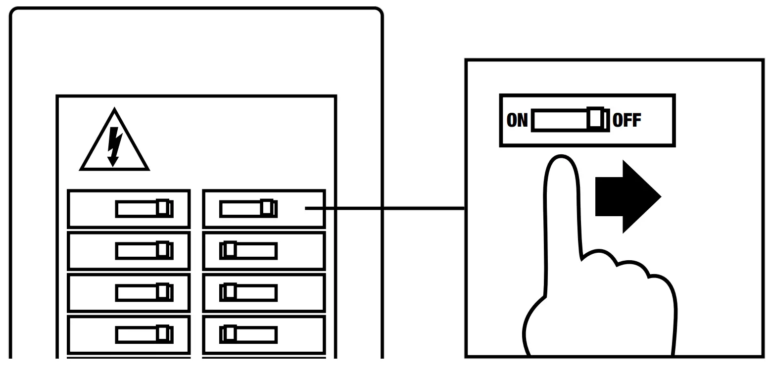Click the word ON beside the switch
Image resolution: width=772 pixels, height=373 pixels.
coord(518,120)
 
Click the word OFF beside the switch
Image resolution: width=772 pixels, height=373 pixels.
coord(627,120)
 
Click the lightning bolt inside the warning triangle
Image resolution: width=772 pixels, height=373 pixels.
coord(114,146)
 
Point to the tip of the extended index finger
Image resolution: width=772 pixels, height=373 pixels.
coord(561,161)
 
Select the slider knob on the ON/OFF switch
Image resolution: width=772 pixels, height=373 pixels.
coord(596,119)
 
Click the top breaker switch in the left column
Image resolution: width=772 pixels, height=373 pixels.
coord(145,208)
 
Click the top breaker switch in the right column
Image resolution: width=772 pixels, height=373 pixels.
coord(248,208)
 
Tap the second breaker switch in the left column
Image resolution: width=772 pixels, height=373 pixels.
coord(145,250)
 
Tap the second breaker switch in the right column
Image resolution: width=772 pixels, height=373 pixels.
coord(248,250)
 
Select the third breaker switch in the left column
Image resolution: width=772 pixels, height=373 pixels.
coord(145,292)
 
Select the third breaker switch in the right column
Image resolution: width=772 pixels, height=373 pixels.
coord(248,292)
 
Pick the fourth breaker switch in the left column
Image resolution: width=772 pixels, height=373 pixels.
coord(145,334)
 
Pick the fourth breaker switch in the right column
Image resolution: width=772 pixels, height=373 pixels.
coord(248,334)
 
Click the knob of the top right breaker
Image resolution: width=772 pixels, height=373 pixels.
coord(266,207)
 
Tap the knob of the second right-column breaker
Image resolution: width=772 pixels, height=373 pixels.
coord(230,249)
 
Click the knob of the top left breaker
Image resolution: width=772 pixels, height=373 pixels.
coord(162,207)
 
